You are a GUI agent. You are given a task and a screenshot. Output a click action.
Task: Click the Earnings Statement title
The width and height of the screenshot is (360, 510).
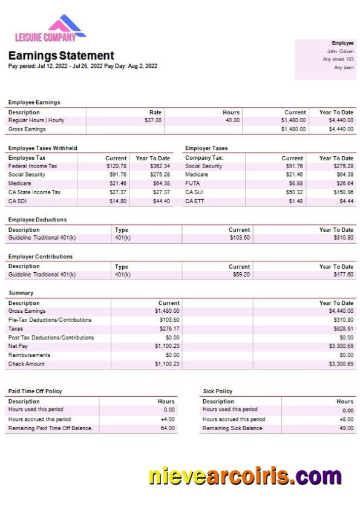61,56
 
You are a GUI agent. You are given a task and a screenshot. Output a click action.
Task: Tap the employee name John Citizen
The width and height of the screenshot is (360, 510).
340,51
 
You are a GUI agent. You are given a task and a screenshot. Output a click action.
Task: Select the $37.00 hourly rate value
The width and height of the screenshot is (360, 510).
153,120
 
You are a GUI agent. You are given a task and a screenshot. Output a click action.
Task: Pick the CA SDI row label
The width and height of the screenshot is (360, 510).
18,201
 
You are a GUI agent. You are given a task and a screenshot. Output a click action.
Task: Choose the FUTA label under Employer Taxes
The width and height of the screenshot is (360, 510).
192,183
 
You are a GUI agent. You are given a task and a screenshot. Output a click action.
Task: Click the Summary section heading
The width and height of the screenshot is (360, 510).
21,293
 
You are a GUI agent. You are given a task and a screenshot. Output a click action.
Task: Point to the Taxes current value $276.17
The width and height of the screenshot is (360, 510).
168,329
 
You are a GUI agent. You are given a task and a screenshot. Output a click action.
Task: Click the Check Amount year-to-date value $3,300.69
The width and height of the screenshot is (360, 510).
341,364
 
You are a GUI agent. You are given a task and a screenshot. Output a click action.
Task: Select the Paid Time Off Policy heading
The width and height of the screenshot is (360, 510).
35,391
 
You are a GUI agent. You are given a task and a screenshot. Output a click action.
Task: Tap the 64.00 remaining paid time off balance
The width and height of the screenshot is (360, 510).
168,428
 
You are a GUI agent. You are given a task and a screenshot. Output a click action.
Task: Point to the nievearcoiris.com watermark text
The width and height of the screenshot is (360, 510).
245,476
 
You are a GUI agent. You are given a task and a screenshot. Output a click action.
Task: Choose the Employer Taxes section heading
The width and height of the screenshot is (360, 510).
206,148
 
